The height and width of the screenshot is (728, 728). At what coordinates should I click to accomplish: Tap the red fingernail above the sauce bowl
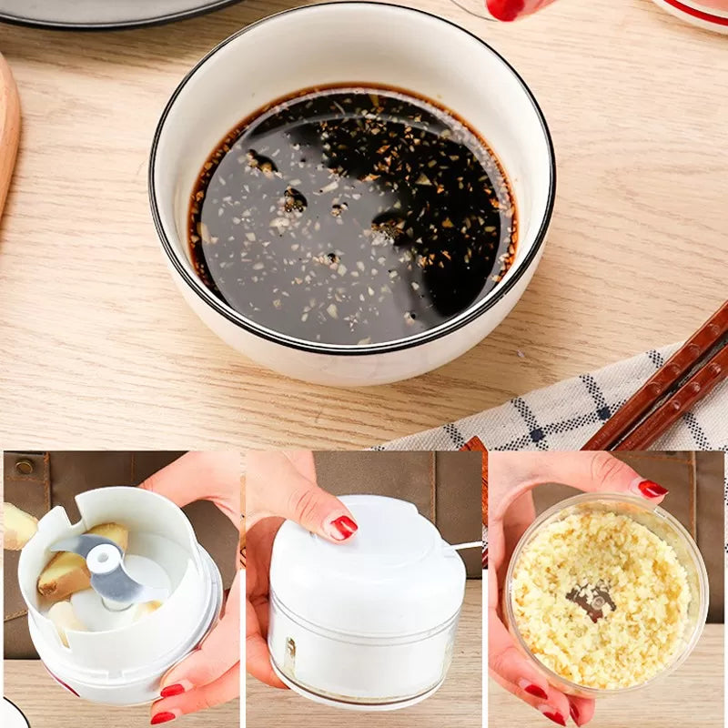505,8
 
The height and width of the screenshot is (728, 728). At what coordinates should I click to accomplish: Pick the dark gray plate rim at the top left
118,16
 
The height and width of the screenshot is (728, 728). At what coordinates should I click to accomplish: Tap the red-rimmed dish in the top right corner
696,11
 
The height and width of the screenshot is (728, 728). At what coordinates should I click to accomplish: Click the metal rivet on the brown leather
24,466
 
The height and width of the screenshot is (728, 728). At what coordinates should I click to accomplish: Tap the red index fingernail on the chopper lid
342,526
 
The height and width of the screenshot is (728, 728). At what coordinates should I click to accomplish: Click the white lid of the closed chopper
364,546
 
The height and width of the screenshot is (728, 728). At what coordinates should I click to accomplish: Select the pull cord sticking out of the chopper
467,546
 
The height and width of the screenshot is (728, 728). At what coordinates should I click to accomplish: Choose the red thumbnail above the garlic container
652,489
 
